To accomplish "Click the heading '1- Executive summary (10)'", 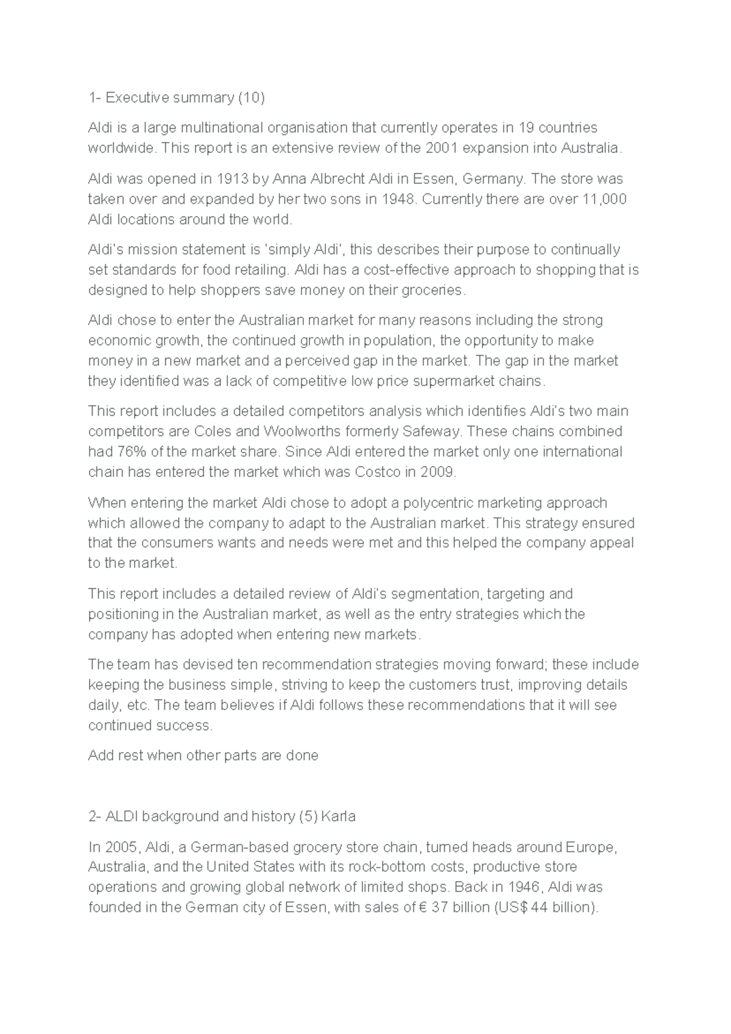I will click(177, 97).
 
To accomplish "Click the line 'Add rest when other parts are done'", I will click(203, 756).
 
